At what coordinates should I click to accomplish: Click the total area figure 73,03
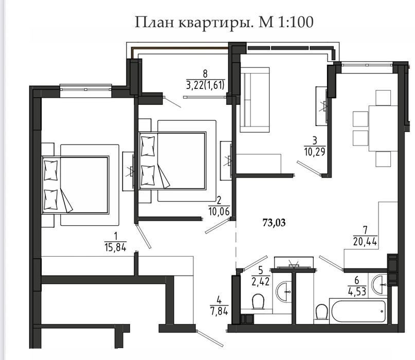[x=274, y=223]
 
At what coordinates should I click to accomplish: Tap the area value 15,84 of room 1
[x=115, y=247]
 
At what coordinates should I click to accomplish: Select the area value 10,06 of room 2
[x=219, y=211]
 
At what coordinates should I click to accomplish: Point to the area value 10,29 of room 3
[x=315, y=152]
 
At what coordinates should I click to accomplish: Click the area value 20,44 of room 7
[x=365, y=241]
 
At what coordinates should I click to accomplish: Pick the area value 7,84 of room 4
[x=219, y=311]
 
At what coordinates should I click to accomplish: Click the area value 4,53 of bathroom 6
[x=357, y=291]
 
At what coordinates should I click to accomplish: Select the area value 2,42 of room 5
[x=261, y=281]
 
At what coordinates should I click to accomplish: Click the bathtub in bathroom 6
[x=358, y=311]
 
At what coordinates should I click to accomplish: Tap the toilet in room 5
[x=258, y=302]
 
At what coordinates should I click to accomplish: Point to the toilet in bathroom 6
[x=321, y=313]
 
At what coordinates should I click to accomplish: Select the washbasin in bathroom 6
[x=380, y=284]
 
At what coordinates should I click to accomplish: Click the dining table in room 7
[x=383, y=129]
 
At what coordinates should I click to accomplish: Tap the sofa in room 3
[x=255, y=100]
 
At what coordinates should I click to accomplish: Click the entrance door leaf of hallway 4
[x=210, y=338]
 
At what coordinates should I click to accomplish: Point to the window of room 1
[x=85, y=88]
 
